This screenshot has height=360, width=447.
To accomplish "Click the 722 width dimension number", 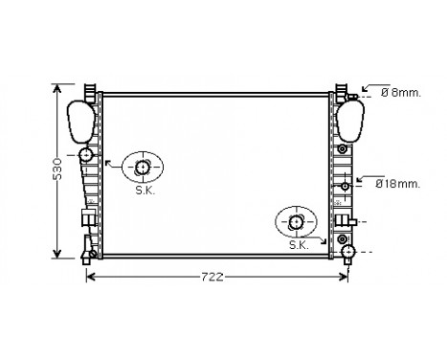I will [212, 278].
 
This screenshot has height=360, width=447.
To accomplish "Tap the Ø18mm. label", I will [397, 182].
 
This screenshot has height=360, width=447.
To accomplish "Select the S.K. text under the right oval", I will [299, 246].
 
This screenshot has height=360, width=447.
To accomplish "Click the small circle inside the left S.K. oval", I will [143, 169].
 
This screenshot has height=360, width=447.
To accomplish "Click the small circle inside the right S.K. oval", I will [295, 222].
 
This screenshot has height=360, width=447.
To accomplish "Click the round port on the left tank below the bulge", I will [87, 155].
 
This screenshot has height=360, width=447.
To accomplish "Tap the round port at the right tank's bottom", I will [349, 252].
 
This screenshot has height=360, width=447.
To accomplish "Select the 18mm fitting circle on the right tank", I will [344, 184].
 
